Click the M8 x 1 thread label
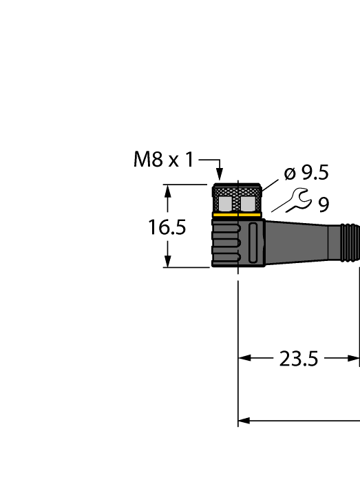tap(164, 160)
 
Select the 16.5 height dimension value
tap(167, 227)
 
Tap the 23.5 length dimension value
tap(299, 359)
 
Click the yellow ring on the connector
tap(236, 215)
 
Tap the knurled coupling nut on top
tap(236, 200)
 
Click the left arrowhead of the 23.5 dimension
tap(243, 359)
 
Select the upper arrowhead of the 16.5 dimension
tap(167, 190)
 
